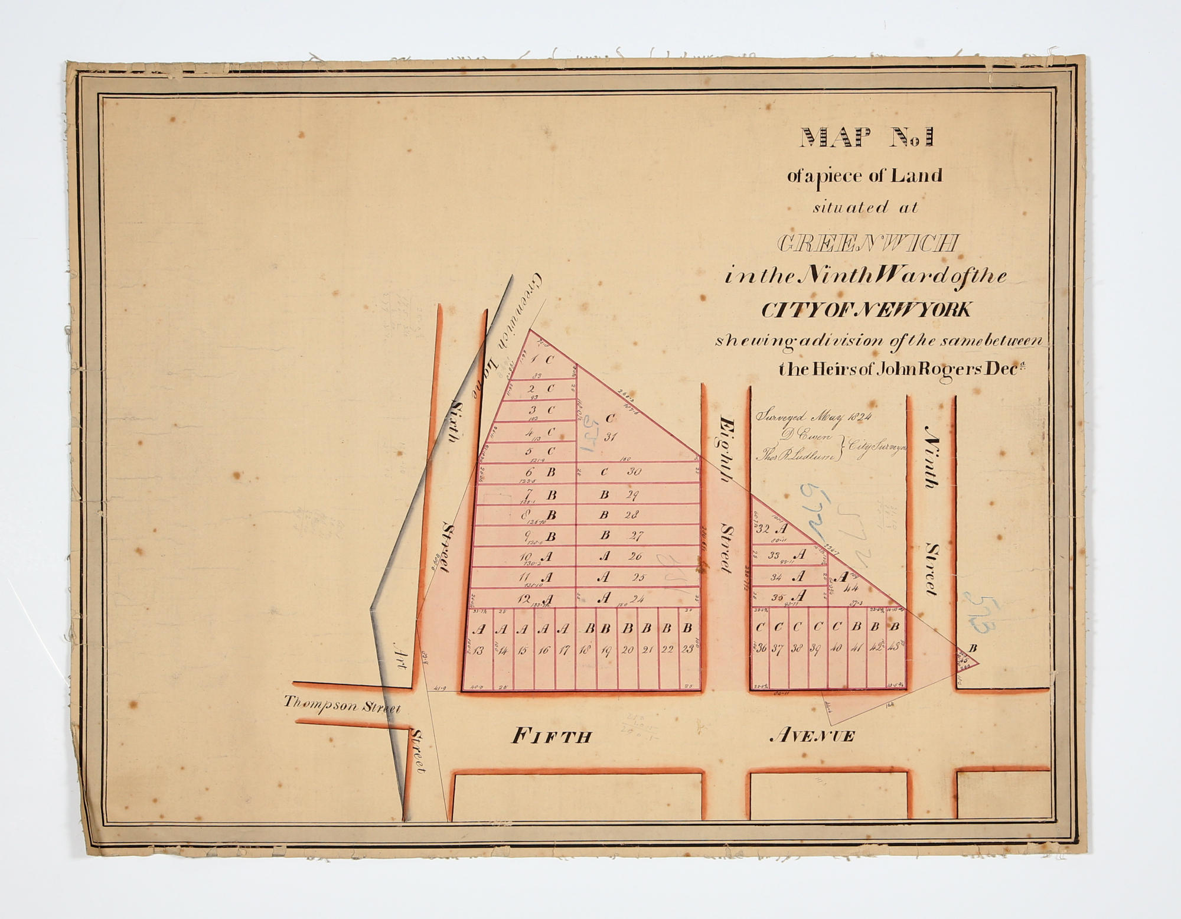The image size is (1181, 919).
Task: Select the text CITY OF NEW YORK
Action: pyautogui.click(x=866, y=309)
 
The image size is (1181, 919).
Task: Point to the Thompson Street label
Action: pyautogui.click(x=342, y=705)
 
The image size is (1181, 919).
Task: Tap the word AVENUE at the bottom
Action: pyautogui.click(x=813, y=735)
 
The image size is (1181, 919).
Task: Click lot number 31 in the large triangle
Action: pyautogui.click(x=610, y=438)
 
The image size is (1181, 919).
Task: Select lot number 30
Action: pyautogui.click(x=634, y=472)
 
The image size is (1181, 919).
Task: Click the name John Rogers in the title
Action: pyautogui.click(x=892, y=370)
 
